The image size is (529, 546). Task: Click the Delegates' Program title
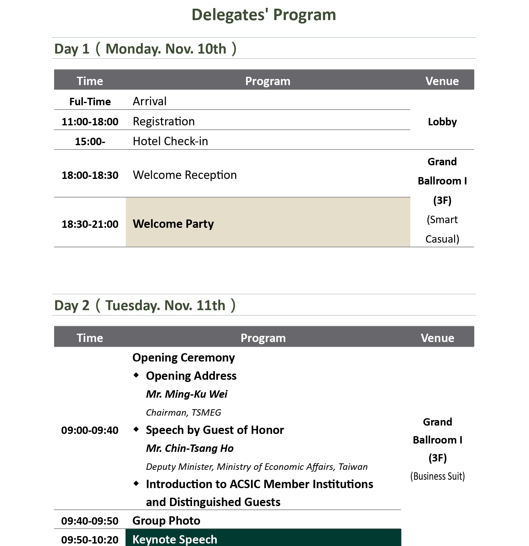click(264, 15)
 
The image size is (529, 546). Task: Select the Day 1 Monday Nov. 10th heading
click(145, 49)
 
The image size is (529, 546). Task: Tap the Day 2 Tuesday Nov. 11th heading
click(145, 305)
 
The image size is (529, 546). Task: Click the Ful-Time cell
click(90, 102)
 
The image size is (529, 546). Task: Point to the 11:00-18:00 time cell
click(90, 122)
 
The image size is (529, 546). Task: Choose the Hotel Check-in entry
click(170, 141)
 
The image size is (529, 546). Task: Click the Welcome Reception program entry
click(185, 175)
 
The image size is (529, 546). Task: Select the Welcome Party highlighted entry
click(173, 224)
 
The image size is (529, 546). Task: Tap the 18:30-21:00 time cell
click(90, 224)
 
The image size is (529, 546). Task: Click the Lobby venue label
click(442, 122)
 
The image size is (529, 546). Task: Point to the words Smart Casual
click(442, 229)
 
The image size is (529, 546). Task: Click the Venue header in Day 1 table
click(442, 81)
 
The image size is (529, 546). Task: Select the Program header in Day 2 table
click(263, 338)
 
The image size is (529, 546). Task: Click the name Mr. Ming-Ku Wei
click(186, 394)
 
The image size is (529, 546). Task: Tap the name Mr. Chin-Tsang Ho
click(190, 448)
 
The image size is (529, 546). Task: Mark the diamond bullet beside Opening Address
click(136, 375)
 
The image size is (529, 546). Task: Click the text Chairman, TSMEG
click(183, 413)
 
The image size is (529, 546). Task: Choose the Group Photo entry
click(166, 521)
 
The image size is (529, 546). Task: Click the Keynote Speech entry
click(175, 539)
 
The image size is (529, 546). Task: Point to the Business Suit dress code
click(437, 476)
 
